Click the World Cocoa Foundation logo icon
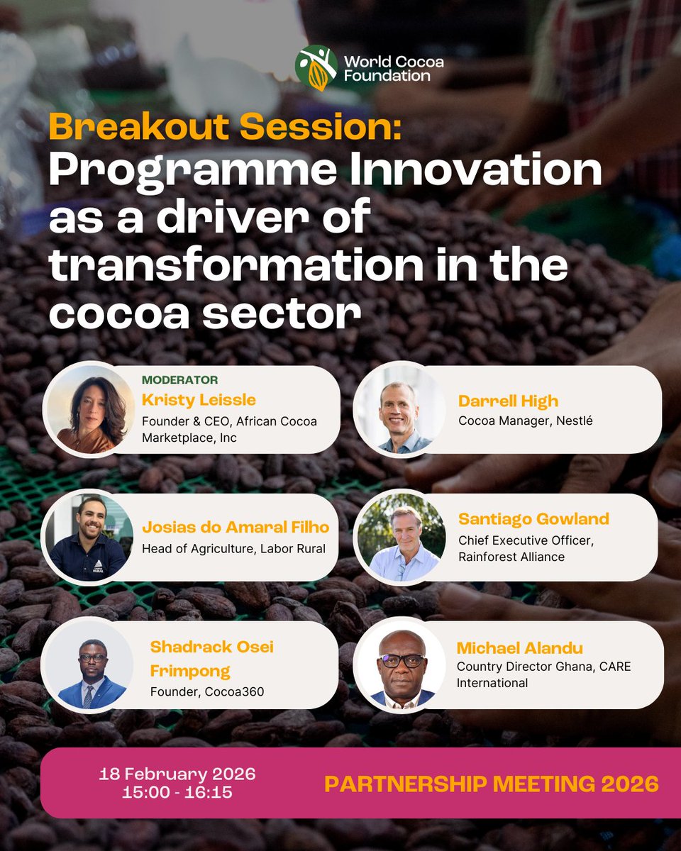[316, 67]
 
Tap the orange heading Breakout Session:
[224, 128]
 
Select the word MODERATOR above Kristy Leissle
[179, 380]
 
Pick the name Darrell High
[508, 401]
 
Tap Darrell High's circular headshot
[400, 410]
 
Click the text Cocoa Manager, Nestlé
[526, 421]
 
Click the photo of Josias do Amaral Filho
[88, 538]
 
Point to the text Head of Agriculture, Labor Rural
[233, 548]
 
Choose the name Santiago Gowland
[533, 519]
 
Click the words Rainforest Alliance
[511, 557]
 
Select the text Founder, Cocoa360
[206, 691]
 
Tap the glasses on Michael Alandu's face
[401, 660]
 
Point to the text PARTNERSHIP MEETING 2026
[491, 784]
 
